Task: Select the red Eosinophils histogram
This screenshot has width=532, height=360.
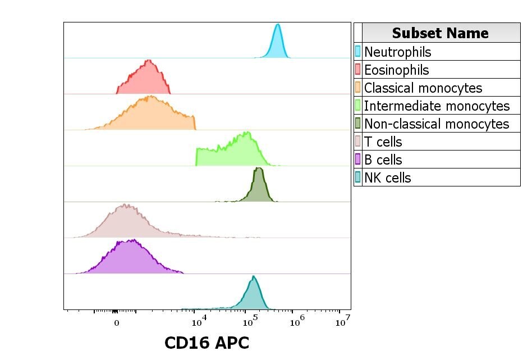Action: pos(145,81)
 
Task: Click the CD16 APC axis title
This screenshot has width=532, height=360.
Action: pos(207,343)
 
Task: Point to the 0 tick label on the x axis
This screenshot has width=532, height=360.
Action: pos(117,323)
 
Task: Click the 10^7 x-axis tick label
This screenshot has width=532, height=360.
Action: pos(343,322)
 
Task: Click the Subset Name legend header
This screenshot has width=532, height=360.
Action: pos(441,33)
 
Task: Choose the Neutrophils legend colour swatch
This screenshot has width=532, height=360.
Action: pos(358,52)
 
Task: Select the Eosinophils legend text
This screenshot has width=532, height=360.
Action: pos(397,70)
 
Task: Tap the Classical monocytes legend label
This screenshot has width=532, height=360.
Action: pos(423,88)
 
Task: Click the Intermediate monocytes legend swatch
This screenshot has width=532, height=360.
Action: pos(358,106)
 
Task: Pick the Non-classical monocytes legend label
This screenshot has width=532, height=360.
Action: pos(437,124)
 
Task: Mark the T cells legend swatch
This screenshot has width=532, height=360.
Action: pos(358,142)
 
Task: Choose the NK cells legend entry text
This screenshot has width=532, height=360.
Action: pos(388,177)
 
